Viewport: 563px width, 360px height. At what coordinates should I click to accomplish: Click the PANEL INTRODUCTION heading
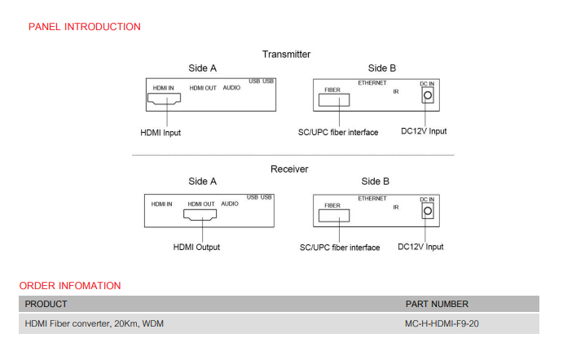click(x=84, y=27)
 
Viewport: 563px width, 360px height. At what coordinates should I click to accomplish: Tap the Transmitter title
click(x=286, y=54)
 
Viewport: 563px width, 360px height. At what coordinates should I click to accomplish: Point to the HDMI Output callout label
click(x=196, y=247)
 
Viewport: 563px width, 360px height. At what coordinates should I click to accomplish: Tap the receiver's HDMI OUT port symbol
click(x=200, y=215)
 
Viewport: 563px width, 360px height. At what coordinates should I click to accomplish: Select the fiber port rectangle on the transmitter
click(x=333, y=100)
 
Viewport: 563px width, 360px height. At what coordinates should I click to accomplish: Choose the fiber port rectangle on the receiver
click(x=333, y=215)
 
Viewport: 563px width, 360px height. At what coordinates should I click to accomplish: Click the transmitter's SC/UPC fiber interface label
click(x=339, y=132)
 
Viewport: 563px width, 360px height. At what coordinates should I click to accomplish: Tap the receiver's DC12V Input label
click(x=420, y=247)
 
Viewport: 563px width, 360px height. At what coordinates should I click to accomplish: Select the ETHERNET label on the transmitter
click(x=372, y=83)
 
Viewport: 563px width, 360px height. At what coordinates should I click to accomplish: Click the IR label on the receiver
click(x=395, y=208)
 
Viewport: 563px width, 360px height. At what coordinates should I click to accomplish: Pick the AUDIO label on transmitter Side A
click(x=231, y=88)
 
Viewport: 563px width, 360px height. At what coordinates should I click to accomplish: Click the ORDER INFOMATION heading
click(x=70, y=286)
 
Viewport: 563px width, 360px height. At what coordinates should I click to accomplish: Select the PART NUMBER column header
click(x=437, y=304)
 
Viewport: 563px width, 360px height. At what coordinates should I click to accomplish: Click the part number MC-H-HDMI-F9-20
click(x=441, y=323)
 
